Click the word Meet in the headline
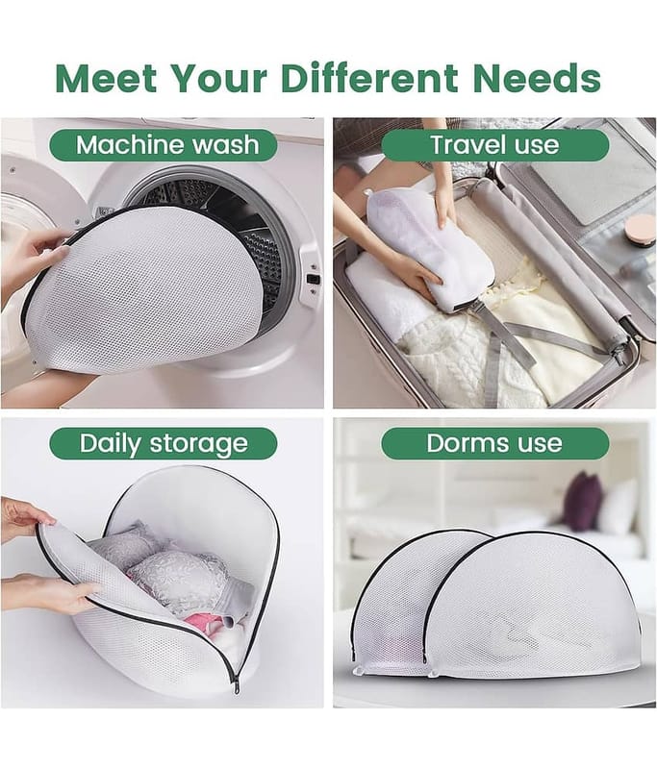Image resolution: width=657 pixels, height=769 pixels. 107,78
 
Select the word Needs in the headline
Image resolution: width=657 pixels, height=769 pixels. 537,78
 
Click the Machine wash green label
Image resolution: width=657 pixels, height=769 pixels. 164,145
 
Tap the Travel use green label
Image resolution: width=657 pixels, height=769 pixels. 495,145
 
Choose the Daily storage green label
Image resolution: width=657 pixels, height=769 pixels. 164,443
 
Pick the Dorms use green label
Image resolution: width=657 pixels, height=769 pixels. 495,443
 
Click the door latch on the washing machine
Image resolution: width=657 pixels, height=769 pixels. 312,279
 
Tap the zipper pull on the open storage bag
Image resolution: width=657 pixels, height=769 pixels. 237,685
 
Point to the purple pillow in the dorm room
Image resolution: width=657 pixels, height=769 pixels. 582,501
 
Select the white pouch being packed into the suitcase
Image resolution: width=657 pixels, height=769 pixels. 430,250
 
